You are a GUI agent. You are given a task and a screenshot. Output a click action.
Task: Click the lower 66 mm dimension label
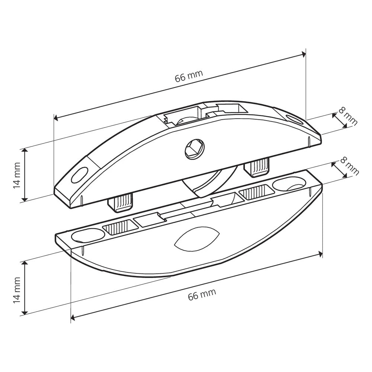click(202, 294)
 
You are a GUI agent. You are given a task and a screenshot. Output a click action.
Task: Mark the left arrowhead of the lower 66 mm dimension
click(73, 317)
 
